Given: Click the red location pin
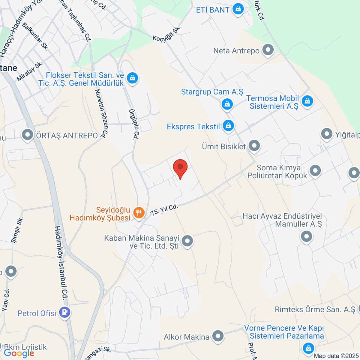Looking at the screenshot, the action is coord(180,167).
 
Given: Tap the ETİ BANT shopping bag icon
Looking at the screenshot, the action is coord(238,9).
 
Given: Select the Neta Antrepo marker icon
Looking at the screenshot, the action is coord(268,50).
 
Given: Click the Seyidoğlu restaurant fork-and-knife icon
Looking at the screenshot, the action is coord(138,213).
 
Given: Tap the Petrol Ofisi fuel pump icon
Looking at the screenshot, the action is coord(64,313).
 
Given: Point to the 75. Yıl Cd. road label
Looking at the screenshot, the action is coord(164,210).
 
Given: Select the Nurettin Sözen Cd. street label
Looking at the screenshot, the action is coord(101,113).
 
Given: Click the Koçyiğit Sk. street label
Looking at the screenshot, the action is coord(166,34).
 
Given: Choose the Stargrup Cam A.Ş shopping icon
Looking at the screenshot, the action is coord(227,104).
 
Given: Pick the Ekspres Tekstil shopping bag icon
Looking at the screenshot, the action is coord(229,125).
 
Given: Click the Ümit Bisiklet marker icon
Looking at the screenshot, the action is coord(254,146).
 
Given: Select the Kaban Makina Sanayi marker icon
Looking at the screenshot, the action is coord(187,241).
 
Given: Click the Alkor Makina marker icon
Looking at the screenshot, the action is coord(218,336).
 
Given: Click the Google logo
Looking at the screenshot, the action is coord(19,353).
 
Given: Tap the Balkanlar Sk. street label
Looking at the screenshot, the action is coord(35,37).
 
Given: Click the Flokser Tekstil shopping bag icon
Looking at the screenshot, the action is coord(132,78).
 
